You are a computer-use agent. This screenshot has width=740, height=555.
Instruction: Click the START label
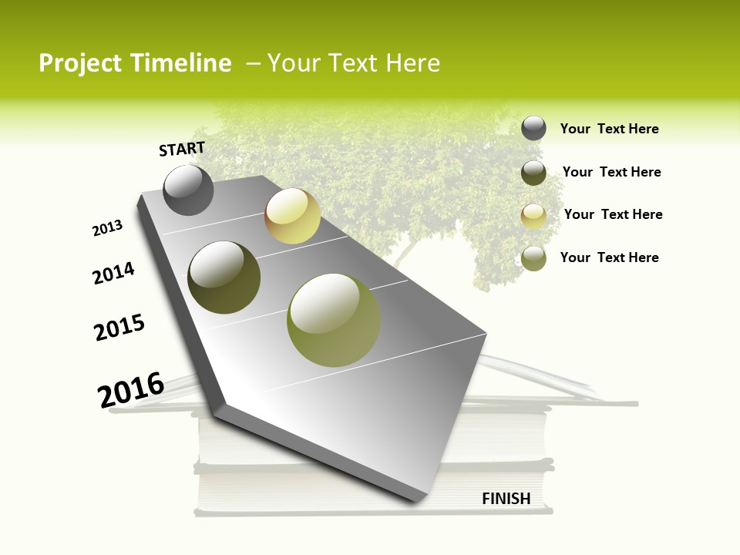tap(182, 149)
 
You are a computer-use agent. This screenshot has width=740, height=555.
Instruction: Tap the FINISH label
tap(506, 499)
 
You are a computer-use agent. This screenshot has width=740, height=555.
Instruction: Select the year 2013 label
tap(107, 228)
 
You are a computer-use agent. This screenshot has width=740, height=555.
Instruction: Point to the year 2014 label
tap(113, 273)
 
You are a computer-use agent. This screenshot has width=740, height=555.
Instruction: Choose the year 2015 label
tap(119, 328)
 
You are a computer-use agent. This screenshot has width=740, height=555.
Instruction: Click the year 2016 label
tap(131, 390)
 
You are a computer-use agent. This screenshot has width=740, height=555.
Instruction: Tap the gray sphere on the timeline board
tap(188, 190)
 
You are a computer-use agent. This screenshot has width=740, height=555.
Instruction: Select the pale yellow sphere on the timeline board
tap(292, 216)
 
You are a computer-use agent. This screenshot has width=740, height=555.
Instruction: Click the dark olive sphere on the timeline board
tap(224, 277)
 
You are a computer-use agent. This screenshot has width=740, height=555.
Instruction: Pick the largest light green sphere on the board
tap(334, 320)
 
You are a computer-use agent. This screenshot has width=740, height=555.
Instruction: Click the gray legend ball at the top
tap(533, 128)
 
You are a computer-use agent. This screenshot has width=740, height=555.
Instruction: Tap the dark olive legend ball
tap(533, 173)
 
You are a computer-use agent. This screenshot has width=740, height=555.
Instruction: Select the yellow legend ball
tap(533, 216)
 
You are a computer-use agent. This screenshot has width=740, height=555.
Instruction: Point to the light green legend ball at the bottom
tap(533, 258)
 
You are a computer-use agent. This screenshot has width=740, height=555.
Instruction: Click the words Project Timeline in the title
tap(135, 63)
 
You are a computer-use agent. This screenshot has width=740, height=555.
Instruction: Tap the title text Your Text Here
tap(354, 63)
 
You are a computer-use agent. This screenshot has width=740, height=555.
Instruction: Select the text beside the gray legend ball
tap(609, 129)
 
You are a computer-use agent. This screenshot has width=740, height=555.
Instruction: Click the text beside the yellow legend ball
tap(613, 214)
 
